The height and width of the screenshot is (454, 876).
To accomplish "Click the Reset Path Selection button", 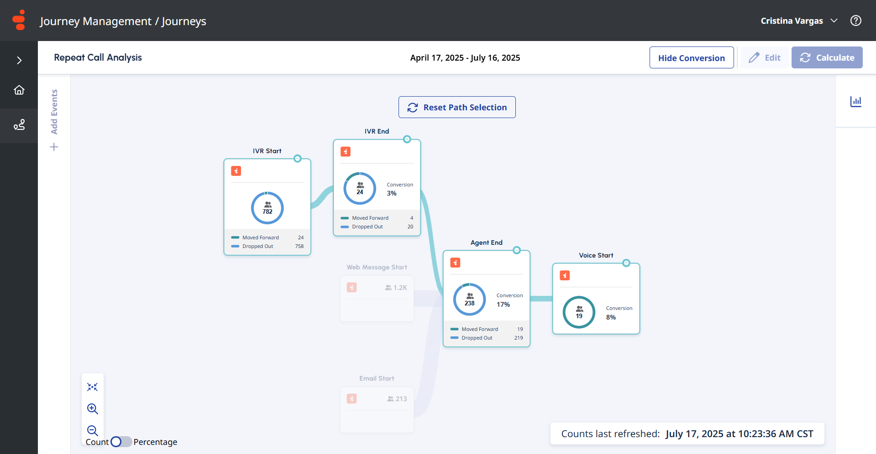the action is click(457, 107).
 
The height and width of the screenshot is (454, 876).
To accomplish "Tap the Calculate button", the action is click(827, 57).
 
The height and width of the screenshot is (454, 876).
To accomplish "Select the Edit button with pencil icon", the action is click(765, 57).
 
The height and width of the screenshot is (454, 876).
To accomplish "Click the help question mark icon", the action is click(856, 21).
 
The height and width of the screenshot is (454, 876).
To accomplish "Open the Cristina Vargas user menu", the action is click(799, 21).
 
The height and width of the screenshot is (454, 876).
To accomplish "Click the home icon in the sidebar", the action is click(19, 90).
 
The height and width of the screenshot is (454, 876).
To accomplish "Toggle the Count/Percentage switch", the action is click(121, 442).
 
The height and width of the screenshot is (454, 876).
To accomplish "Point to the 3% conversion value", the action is click(392, 193).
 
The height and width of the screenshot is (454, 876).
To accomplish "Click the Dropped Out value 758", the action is click(299, 246).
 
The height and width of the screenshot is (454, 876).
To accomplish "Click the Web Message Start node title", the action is click(377, 267).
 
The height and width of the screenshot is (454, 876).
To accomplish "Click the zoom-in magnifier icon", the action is click(93, 409).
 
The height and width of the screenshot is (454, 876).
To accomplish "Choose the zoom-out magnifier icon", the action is click(93, 431).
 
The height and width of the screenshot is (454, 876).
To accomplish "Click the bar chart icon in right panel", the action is click(856, 101).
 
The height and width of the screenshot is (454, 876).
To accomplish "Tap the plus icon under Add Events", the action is click(54, 147).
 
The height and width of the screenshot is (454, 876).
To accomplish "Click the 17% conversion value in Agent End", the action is click(503, 304).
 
